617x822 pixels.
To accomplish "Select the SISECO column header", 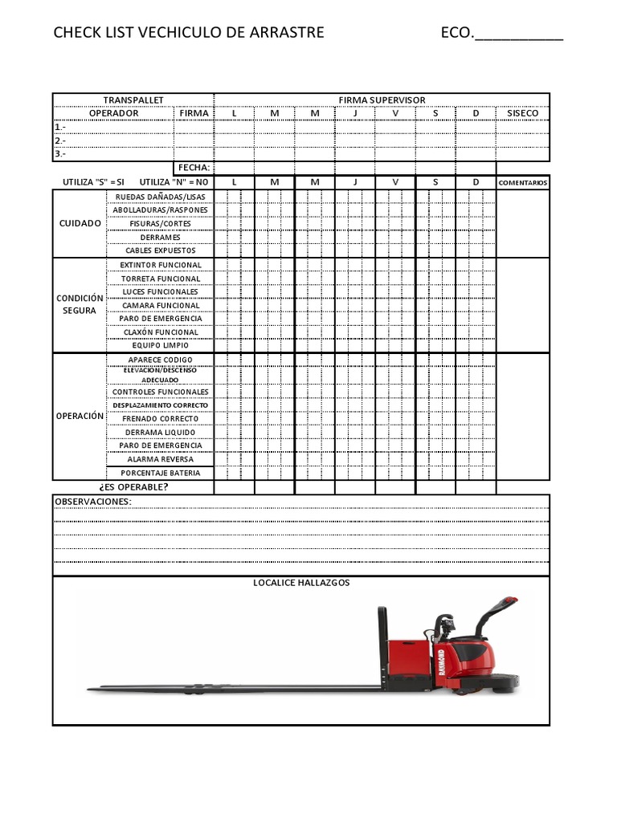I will click(x=523, y=113).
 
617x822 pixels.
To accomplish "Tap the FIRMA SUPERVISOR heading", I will click(x=382, y=100).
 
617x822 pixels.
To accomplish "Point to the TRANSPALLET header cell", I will click(x=133, y=100).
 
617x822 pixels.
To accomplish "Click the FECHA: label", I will click(x=194, y=168).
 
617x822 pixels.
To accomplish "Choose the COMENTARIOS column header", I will click(x=523, y=183).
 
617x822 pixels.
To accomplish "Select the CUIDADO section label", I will click(x=80, y=223).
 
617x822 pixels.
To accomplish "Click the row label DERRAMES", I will click(x=161, y=237).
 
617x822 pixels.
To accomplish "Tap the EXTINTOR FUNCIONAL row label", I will click(x=161, y=265).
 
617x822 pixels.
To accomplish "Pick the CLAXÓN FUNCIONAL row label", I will click(x=161, y=332).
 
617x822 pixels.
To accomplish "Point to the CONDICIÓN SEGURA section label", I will click(x=80, y=304).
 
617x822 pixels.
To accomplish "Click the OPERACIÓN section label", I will click(x=80, y=416).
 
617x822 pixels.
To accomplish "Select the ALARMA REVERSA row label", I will click(x=161, y=459).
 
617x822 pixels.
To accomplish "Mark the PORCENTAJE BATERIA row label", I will click(x=161, y=474).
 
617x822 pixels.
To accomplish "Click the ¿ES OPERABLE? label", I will click(x=133, y=486).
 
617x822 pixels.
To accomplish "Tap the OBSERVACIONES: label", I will click(x=92, y=502).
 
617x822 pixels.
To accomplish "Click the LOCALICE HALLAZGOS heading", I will click(x=301, y=583).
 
